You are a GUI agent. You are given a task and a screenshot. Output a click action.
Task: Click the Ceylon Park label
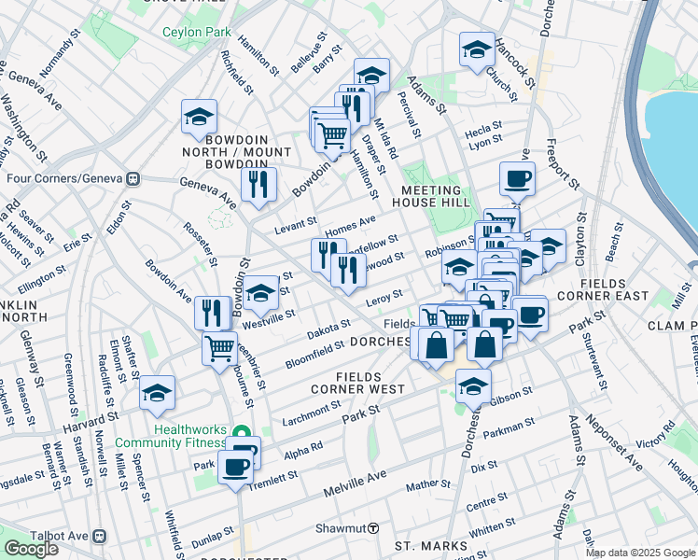click(x=196, y=32)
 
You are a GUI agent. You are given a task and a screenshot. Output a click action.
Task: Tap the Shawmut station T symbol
click(x=373, y=527)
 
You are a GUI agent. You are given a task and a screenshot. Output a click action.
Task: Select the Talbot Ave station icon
click(x=100, y=537)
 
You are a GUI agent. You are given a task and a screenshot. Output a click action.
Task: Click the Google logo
click(x=31, y=549)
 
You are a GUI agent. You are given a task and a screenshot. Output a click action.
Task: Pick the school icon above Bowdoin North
click(x=199, y=118)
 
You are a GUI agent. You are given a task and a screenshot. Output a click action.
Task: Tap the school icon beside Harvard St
click(x=157, y=393)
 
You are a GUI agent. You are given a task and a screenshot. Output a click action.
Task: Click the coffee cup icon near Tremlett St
click(x=236, y=466)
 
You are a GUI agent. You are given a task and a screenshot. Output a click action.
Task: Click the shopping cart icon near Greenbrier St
click(x=220, y=349)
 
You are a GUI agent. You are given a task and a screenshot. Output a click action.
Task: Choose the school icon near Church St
click(x=477, y=49)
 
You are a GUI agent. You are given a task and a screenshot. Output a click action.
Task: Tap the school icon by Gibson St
click(x=474, y=385)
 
